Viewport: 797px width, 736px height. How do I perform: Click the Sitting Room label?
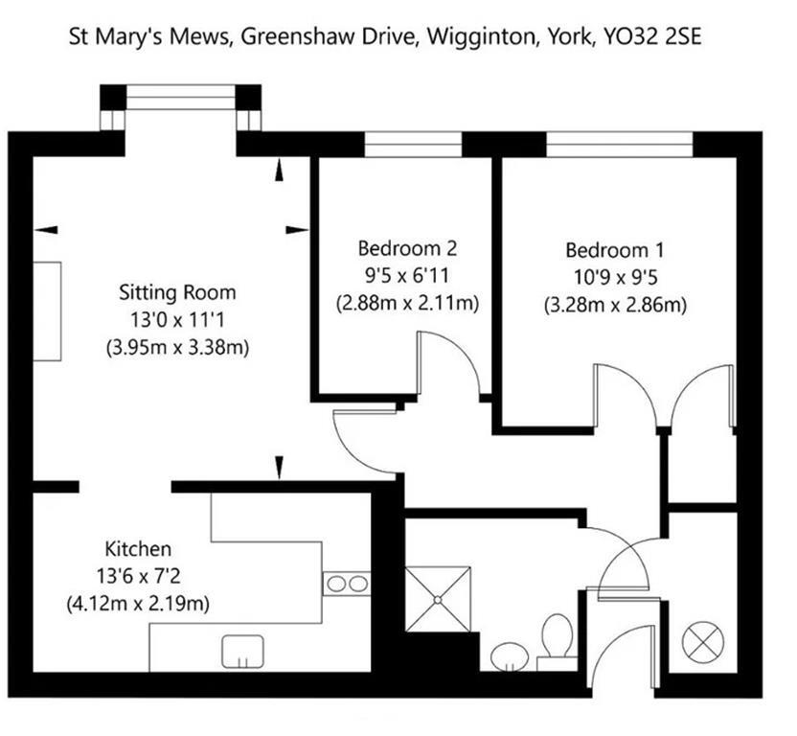tap(176, 292)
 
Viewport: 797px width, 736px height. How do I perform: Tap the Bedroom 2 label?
tap(407, 249)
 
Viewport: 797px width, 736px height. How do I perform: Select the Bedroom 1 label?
tap(614, 251)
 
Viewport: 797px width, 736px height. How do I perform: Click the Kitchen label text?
tap(138, 549)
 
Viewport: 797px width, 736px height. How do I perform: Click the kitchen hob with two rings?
tap(347, 583)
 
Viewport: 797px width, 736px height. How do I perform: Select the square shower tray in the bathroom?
tap(438, 600)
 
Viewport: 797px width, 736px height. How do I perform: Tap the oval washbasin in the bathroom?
tap(509, 656)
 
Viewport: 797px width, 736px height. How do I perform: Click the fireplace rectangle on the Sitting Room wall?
tap(47, 310)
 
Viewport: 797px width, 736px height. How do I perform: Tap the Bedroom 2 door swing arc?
tap(452, 359)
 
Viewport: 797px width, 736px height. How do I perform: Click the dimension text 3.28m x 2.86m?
tap(614, 306)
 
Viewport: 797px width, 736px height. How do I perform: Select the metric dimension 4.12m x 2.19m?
tap(138, 604)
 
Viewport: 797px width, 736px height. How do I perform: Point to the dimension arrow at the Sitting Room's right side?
tap(297, 229)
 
